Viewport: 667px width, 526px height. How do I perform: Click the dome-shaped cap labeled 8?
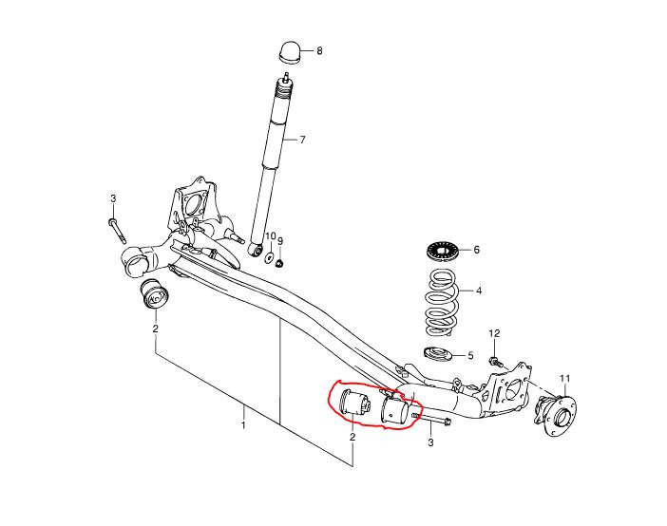click(290, 52)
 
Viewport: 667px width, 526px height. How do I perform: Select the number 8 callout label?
click(319, 51)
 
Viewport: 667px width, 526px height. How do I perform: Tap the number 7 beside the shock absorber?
click(302, 140)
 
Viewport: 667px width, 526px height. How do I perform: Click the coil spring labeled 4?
click(443, 302)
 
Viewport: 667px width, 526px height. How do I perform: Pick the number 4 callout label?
click(479, 291)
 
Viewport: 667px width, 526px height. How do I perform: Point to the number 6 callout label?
click(476, 250)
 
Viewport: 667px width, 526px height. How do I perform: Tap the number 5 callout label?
click(470, 355)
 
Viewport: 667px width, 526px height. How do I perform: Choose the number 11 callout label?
click(565, 379)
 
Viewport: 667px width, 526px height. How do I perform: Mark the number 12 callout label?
click(494, 333)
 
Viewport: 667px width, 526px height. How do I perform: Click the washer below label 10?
click(270, 257)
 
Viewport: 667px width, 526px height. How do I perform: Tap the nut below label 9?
click(279, 263)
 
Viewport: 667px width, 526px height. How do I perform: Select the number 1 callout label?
click(243, 424)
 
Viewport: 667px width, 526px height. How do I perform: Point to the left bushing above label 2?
click(155, 294)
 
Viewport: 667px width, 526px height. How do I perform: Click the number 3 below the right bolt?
click(430, 442)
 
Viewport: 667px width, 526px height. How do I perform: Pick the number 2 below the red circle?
click(353, 437)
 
